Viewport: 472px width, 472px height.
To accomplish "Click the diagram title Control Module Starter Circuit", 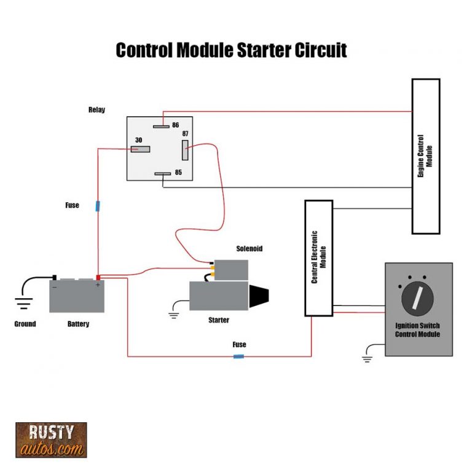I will click(231, 50).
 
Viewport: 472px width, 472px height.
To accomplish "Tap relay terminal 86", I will click(162, 127).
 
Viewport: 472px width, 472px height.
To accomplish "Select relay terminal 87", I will click(184, 149).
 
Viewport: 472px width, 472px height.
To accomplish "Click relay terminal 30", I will click(140, 149).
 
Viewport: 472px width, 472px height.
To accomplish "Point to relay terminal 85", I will click(162, 174).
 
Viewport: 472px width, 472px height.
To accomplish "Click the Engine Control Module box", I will click(425, 156).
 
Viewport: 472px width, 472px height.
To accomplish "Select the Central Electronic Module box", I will click(318, 258).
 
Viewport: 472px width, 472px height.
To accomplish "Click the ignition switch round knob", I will click(417, 299).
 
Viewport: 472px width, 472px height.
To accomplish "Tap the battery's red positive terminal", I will click(97, 278).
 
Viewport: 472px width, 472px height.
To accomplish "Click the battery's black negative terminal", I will click(54, 278).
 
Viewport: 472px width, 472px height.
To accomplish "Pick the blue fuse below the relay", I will click(97, 205).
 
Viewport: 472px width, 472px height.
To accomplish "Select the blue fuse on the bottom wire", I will click(238, 356).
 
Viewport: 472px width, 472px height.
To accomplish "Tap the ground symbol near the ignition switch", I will click(368, 358).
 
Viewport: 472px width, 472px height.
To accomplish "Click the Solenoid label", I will click(250, 249).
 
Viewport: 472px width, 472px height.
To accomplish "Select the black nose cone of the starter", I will click(261, 298).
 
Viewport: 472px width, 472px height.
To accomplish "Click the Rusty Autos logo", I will click(51, 439).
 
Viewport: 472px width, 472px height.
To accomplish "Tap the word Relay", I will click(96, 110).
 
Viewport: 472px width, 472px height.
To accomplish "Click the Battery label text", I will click(78, 324).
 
